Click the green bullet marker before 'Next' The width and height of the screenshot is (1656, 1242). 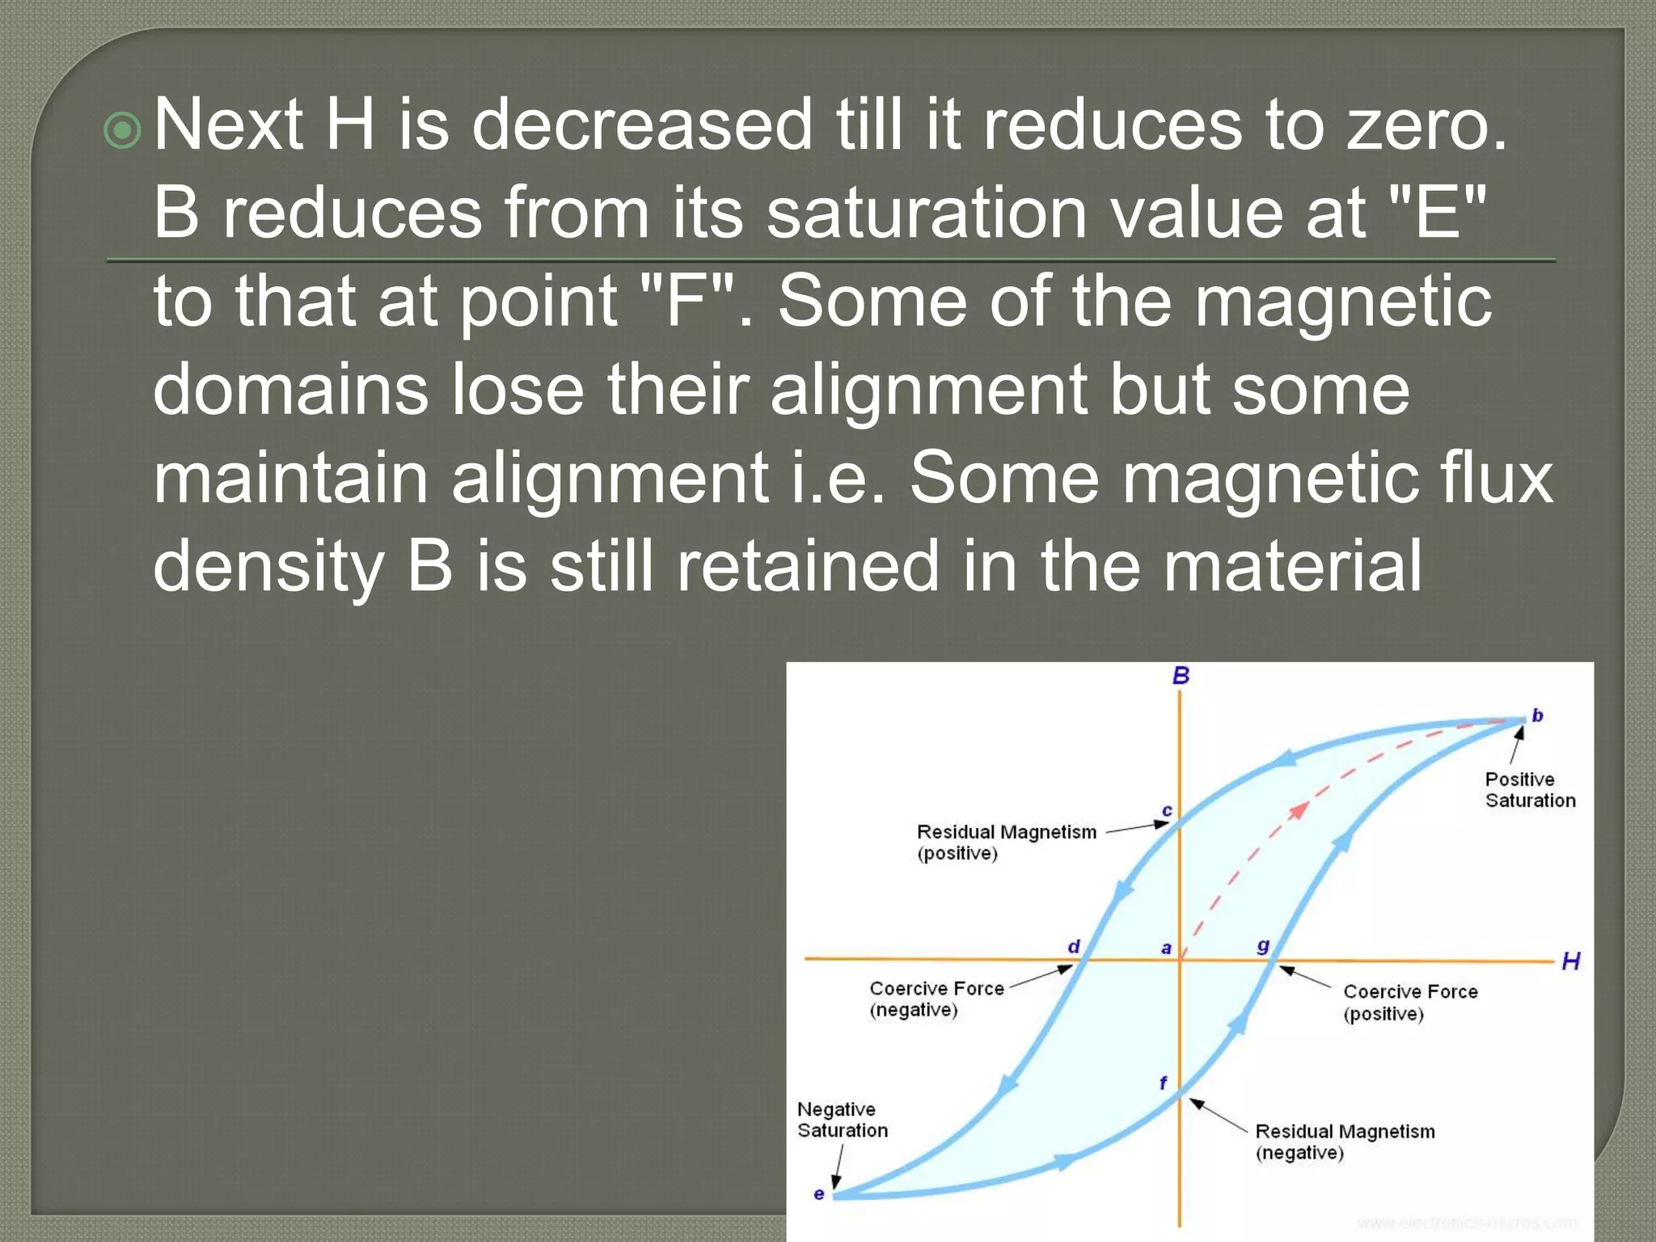tap(123, 130)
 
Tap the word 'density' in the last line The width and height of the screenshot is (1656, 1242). tap(268, 568)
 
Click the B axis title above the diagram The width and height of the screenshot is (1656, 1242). tap(1181, 675)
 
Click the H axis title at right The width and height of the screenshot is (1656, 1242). tap(1570, 961)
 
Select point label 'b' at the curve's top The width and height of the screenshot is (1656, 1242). tap(1537, 716)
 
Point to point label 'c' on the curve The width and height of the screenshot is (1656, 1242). tap(1167, 810)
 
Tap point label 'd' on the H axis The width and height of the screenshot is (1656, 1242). tap(1074, 946)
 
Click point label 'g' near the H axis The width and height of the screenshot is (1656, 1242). tap(1263, 946)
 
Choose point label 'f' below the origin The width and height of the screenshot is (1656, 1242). tap(1164, 1083)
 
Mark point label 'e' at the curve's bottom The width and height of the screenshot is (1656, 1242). tap(819, 1193)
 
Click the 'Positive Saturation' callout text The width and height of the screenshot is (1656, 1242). tap(1530, 790)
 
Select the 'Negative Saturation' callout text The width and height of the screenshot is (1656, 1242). tap(842, 1120)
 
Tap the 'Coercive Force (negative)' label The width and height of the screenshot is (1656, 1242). tap(936, 999)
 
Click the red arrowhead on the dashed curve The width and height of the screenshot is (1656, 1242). tap(1299, 809)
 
